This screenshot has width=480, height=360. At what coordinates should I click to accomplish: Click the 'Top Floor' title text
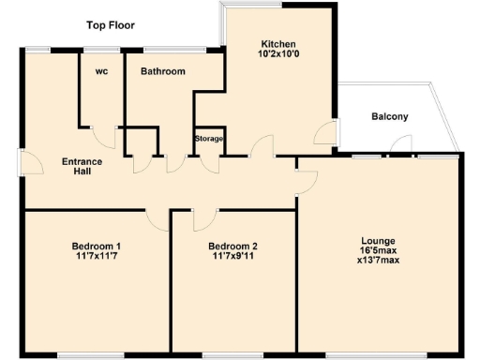click(x=111, y=24)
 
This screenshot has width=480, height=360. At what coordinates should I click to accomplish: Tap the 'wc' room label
click(x=101, y=71)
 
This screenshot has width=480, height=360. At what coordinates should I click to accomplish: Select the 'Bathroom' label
click(x=162, y=71)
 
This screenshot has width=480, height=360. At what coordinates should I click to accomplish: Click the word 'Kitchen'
click(x=279, y=44)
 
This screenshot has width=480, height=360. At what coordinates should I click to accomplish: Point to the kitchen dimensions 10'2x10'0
click(x=279, y=56)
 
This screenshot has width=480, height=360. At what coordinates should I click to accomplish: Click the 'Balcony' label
click(x=389, y=117)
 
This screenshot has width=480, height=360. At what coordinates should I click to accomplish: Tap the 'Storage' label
click(x=208, y=139)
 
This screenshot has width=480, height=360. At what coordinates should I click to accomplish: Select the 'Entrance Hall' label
click(x=82, y=166)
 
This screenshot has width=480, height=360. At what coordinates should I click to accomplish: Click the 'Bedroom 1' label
click(x=97, y=247)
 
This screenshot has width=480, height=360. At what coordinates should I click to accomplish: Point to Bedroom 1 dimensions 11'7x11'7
click(x=97, y=259)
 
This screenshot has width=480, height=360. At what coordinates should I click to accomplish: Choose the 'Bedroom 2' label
click(x=232, y=247)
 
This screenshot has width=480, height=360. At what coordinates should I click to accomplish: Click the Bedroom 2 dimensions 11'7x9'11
click(x=232, y=259)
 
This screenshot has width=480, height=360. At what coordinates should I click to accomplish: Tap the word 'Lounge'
click(x=377, y=239)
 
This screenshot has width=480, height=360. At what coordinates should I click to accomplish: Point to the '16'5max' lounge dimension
click(x=377, y=251)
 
